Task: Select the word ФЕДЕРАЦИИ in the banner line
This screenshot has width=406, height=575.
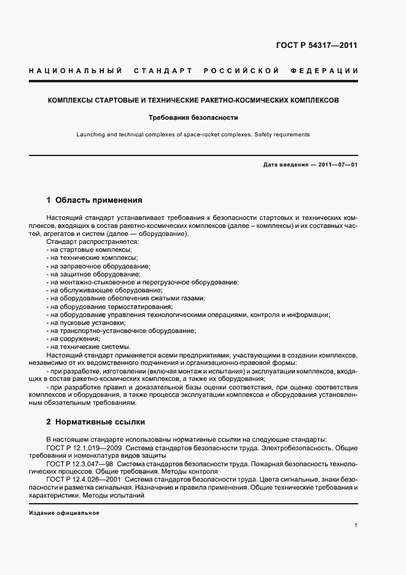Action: pos(329,71)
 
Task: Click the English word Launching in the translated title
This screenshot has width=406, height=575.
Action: pos(90,134)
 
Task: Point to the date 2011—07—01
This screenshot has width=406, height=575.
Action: pos(337,165)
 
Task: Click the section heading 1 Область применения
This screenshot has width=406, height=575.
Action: pos(94,200)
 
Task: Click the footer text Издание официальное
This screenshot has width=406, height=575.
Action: pos(64,512)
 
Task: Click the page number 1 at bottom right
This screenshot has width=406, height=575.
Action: pos(356,525)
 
